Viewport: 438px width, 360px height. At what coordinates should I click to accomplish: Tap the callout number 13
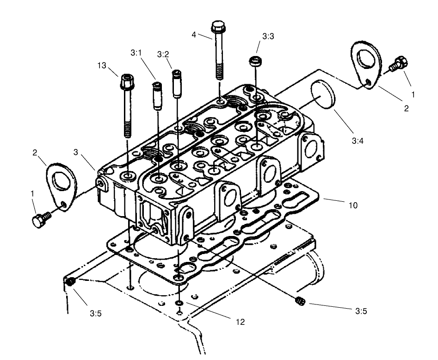coord(102,66)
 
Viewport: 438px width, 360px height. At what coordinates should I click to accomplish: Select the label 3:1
coord(136,54)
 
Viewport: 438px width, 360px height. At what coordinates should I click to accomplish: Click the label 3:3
coord(268,36)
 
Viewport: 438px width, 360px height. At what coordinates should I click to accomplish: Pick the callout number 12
coord(240,322)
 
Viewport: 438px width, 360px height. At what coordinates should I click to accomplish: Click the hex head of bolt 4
coord(218,26)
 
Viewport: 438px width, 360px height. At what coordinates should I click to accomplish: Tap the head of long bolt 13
coord(127,82)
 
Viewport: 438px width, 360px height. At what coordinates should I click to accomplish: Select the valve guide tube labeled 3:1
coord(157,94)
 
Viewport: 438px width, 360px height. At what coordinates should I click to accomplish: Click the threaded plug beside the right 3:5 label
coord(299,301)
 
